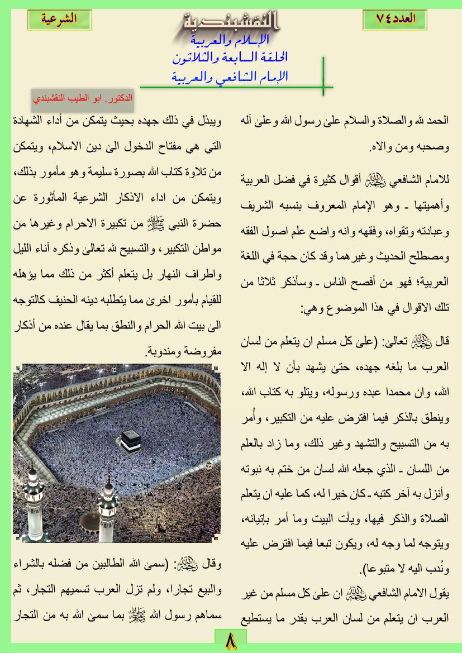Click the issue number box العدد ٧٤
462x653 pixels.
pyautogui.click(x=397, y=19)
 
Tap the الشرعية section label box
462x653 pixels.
pyautogui.click(x=59, y=19)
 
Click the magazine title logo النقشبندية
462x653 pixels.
pyautogui.click(x=230, y=22)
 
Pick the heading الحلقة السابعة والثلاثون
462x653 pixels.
pyautogui.click(x=231, y=58)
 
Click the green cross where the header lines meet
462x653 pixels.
pyautogui.click(x=323, y=87)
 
